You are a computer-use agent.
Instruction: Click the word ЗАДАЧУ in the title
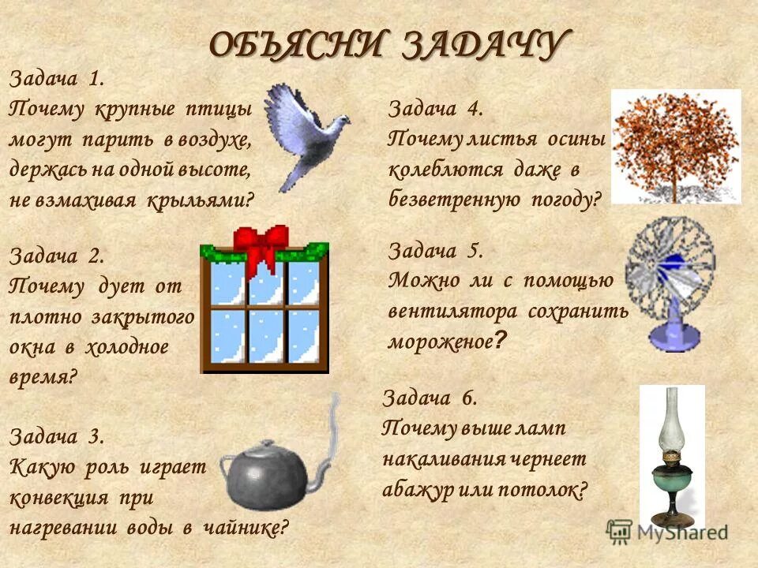[x=486, y=45]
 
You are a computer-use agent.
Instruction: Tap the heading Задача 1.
[x=56, y=79]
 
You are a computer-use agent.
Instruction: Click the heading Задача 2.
[x=56, y=256]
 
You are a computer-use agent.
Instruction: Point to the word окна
[x=35, y=348]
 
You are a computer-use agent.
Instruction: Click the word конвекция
[x=59, y=499]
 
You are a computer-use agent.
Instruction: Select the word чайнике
[x=246, y=527]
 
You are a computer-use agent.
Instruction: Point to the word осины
[x=574, y=139]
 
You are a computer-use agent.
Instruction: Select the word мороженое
[x=439, y=341]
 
